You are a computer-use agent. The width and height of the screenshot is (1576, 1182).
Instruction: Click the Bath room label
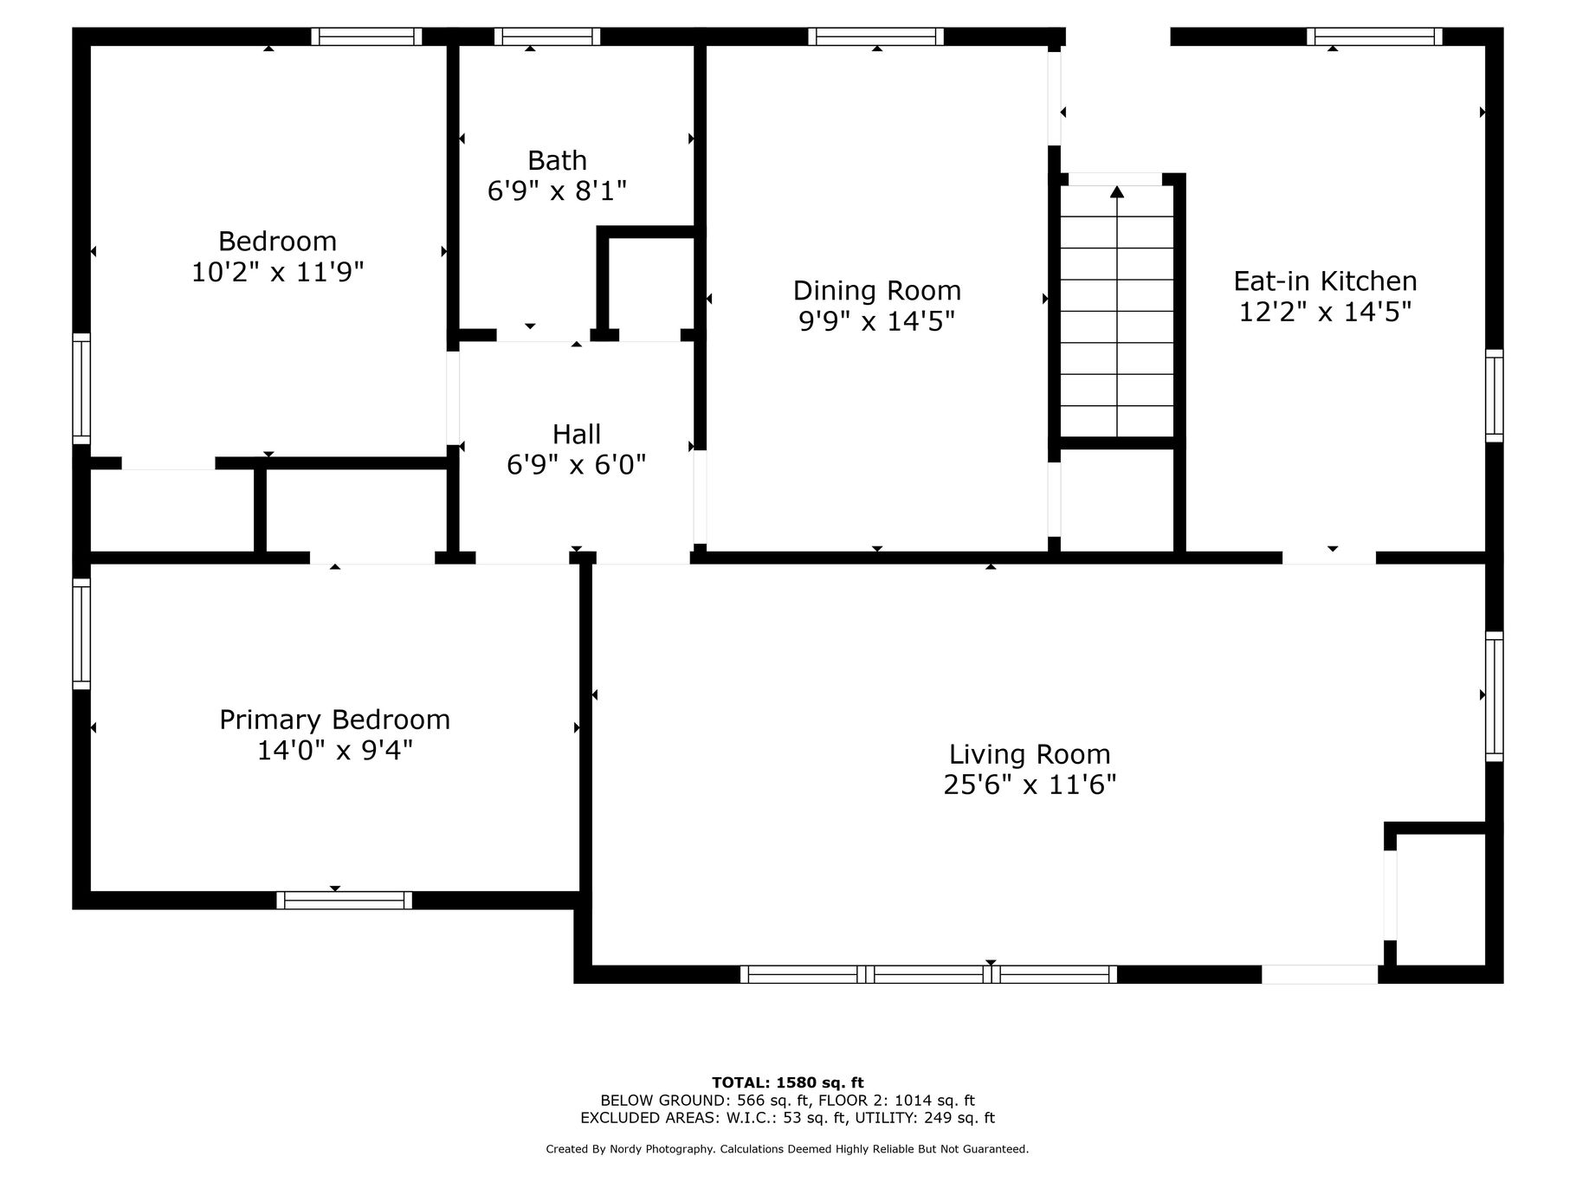coord(557,160)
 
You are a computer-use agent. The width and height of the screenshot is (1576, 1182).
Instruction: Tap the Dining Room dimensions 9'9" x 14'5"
coord(876,321)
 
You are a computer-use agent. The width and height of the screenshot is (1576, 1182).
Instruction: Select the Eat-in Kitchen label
coord(1325,281)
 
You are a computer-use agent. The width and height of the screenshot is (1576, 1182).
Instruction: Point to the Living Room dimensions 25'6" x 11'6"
coord(1030,785)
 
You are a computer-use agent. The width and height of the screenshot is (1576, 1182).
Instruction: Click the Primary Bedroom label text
coord(334,720)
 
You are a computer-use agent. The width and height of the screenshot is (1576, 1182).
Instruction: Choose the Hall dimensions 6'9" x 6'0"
coord(576,465)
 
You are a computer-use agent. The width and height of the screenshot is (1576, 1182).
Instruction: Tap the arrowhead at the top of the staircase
coord(1117,191)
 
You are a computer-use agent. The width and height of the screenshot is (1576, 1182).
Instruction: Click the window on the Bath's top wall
coord(547,36)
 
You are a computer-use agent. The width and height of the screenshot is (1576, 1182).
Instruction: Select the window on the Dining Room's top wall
coord(876,36)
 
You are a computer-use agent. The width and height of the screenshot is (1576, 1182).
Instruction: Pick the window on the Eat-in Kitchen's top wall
coord(1374,36)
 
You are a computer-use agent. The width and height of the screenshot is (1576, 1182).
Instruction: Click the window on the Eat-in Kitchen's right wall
coord(1495,395)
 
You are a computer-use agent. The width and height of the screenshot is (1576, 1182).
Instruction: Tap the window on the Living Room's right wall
coord(1495,696)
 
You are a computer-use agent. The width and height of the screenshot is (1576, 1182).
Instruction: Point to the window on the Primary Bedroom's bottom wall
coord(345,900)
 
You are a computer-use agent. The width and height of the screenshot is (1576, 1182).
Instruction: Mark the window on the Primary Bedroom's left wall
coord(81,634)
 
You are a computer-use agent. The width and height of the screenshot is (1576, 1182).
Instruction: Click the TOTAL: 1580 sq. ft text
coord(787,1082)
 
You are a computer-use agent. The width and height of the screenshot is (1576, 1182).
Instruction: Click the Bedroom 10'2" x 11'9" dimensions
coord(277,272)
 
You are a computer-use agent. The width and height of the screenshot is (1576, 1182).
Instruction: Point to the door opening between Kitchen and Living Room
coord(1329,558)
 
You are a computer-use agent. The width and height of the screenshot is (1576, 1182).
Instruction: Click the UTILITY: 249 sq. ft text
coord(925,1118)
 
